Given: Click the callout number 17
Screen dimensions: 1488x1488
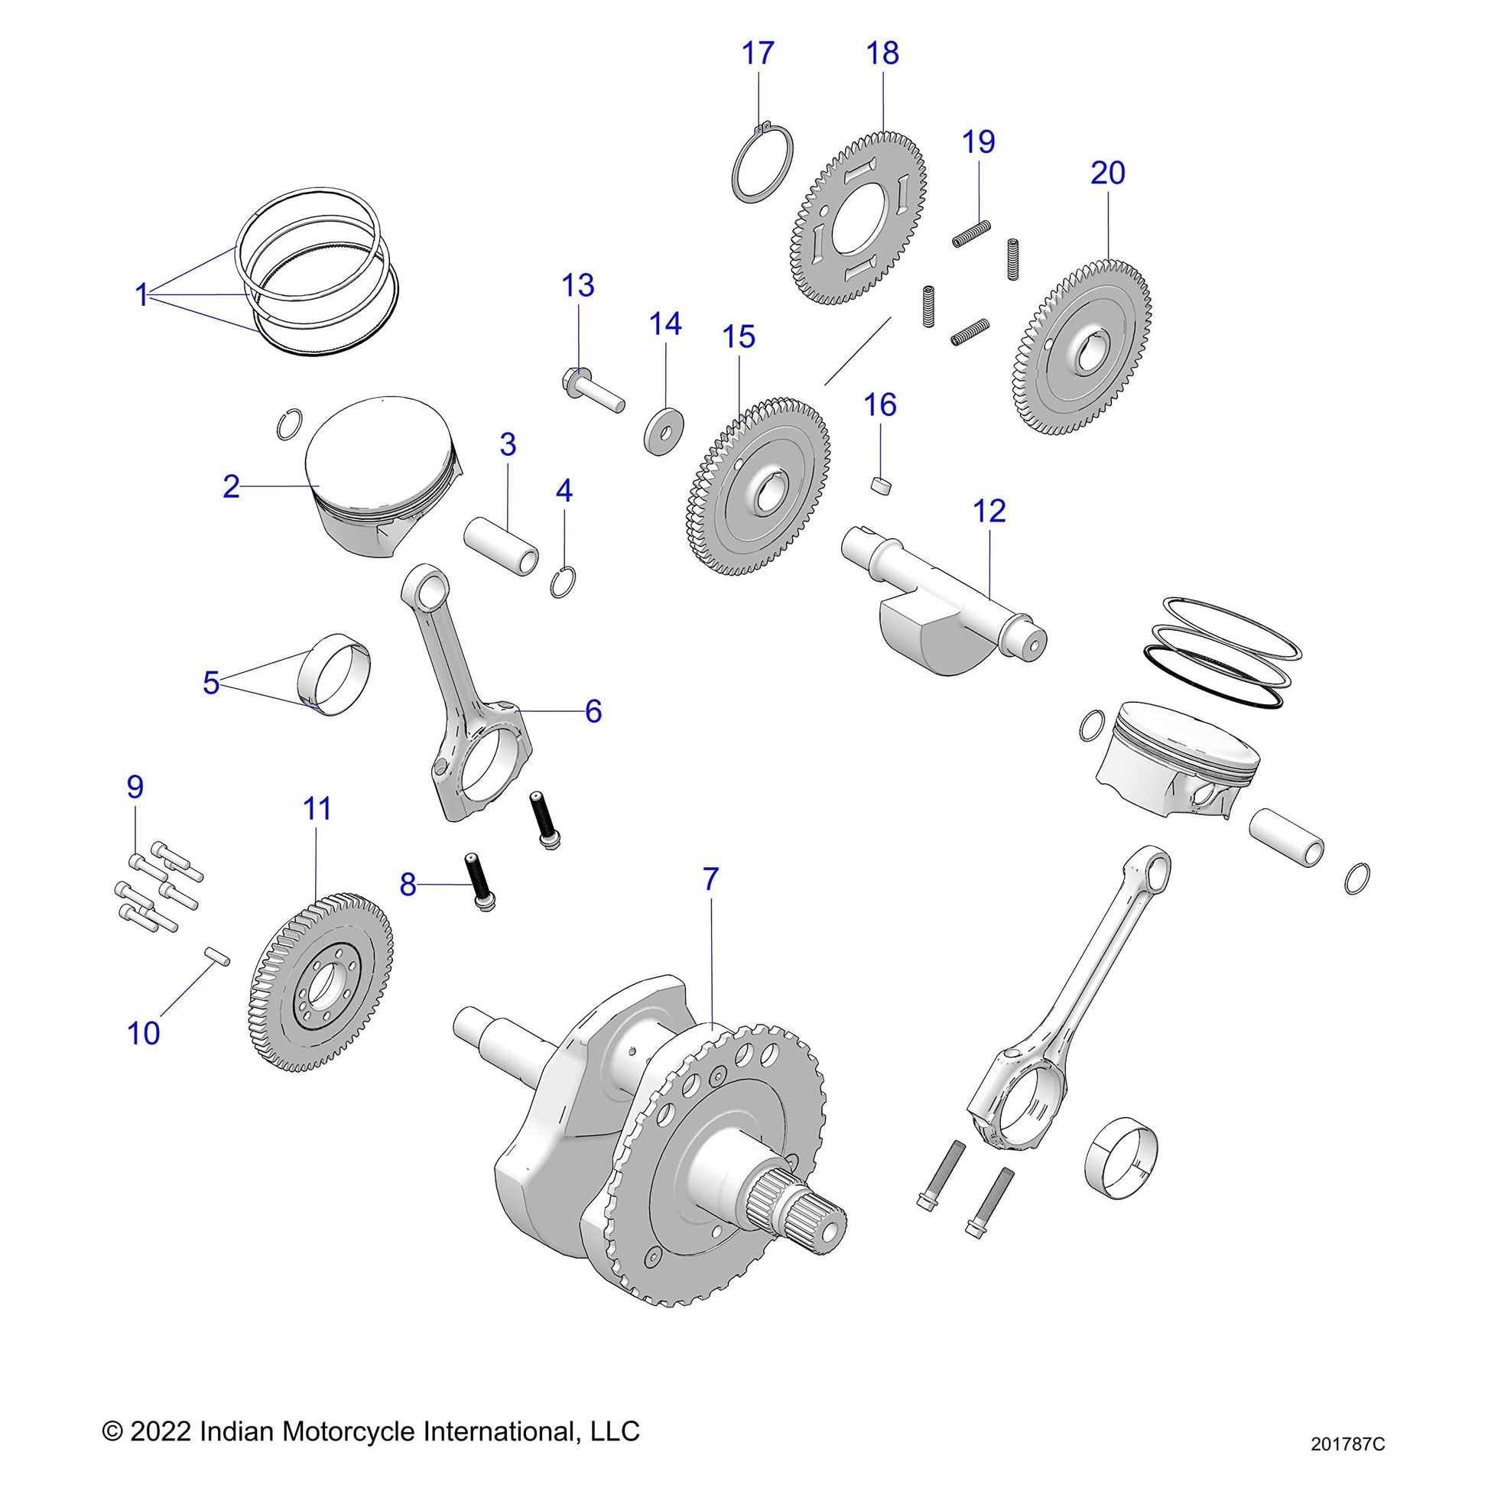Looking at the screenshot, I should [758, 54].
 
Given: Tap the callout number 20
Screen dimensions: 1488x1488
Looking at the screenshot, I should [1107, 173].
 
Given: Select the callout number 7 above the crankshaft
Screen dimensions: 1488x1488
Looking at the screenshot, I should [710, 879].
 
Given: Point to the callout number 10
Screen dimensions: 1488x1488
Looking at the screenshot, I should [143, 1033].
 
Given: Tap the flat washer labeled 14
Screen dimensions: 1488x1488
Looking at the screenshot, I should [663, 434].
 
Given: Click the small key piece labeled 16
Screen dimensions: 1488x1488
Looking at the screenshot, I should [881, 486].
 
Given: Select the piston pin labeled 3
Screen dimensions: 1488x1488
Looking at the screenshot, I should [502, 546].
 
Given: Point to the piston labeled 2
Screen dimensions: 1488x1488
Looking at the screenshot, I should [378, 477].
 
